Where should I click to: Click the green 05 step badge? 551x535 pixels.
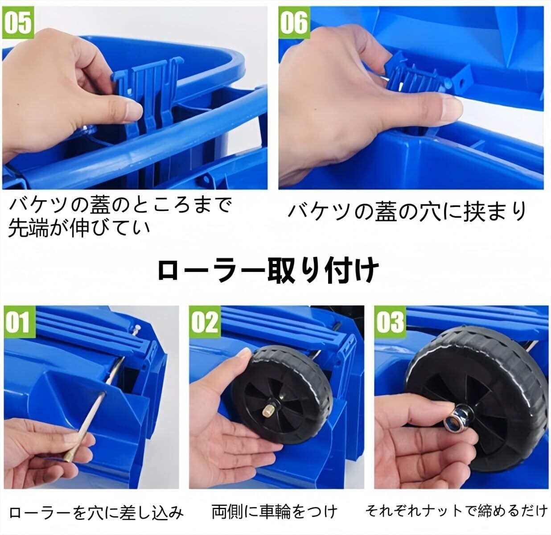tap(18, 23)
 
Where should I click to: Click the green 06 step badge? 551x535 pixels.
tap(294, 23)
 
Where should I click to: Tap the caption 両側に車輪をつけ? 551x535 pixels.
tap(275, 512)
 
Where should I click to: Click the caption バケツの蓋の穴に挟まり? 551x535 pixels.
tap(407, 212)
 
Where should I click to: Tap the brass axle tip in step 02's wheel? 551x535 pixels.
tap(267, 410)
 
